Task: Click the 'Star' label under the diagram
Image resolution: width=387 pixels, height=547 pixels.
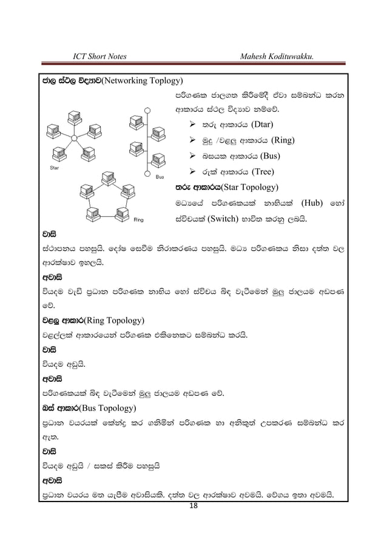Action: (54, 165)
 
